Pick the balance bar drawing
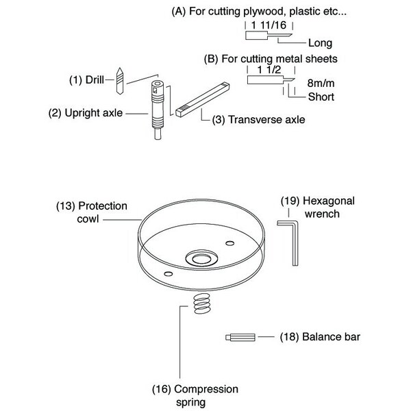click(239, 336)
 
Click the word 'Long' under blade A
click(320, 42)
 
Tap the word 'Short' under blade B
click(321, 97)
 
